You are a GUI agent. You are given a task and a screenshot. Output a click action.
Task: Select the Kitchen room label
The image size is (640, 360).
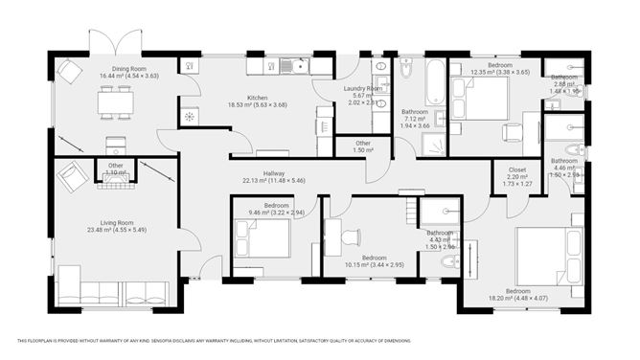tap(258, 98)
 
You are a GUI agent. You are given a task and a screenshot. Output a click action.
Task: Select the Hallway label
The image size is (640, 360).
tap(274, 173)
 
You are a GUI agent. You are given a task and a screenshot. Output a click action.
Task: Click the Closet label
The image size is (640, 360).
tap(516, 169)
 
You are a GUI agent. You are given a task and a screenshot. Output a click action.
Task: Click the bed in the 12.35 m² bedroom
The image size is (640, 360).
tap(483, 97)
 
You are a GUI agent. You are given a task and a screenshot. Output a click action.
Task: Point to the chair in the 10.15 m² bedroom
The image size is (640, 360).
tap(351, 236)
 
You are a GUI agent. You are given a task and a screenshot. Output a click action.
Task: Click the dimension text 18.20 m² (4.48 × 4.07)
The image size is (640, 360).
tap(518, 297)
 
